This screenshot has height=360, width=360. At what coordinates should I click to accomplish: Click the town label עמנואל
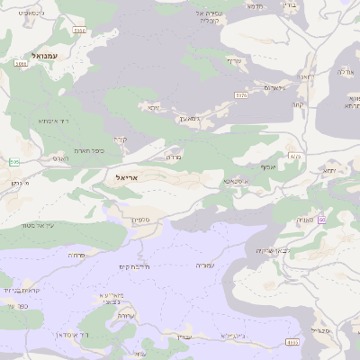[x=44, y=55]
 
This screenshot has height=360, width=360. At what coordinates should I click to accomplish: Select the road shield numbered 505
[x=13, y=162]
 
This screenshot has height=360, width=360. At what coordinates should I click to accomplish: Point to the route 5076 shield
[x=240, y=94]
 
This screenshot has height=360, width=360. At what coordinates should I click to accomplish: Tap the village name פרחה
[x=76, y=255]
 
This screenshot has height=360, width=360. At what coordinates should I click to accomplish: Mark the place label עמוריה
[x=208, y=265]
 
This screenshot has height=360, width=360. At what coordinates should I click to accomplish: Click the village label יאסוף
[x=268, y=166]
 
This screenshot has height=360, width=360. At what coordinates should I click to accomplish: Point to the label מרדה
[x=174, y=157]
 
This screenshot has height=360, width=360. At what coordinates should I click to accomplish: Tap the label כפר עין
[x=17, y=307]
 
